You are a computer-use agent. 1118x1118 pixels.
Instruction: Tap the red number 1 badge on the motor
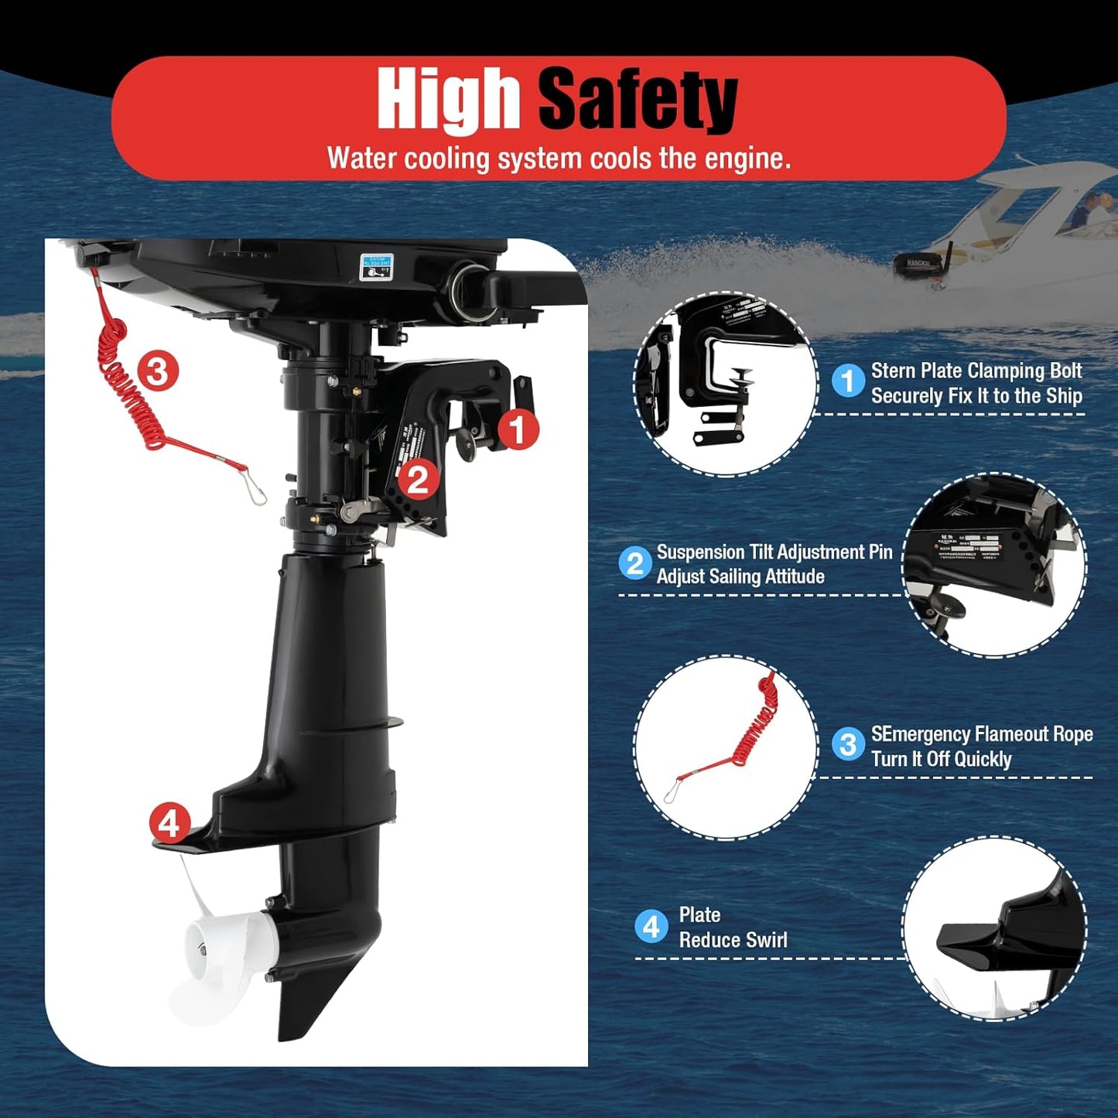point(518,429)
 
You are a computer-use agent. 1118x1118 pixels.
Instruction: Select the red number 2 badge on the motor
point(418,480)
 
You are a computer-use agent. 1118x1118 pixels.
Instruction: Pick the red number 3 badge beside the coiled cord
point(157,371)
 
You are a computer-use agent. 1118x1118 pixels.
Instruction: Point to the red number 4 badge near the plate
point(169,823)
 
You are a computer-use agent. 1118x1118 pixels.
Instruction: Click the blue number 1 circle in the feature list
point(848,381)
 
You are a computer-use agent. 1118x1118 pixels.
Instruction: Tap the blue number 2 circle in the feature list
point(634,563)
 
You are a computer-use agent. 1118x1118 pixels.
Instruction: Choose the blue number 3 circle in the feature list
point(848,744)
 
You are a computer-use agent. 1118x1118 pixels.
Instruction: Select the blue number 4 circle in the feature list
point(651,926)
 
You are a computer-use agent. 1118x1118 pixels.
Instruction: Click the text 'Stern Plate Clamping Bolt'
point(976,371)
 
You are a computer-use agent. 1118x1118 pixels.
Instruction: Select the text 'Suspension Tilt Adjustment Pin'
point(774,552)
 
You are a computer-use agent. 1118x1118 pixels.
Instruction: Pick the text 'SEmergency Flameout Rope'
point(981,733)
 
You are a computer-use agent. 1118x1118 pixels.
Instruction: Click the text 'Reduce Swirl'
point(733,940)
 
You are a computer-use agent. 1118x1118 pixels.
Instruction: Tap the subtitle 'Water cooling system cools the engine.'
point(559,158)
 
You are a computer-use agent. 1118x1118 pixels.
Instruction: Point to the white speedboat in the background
point(1029,232)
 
